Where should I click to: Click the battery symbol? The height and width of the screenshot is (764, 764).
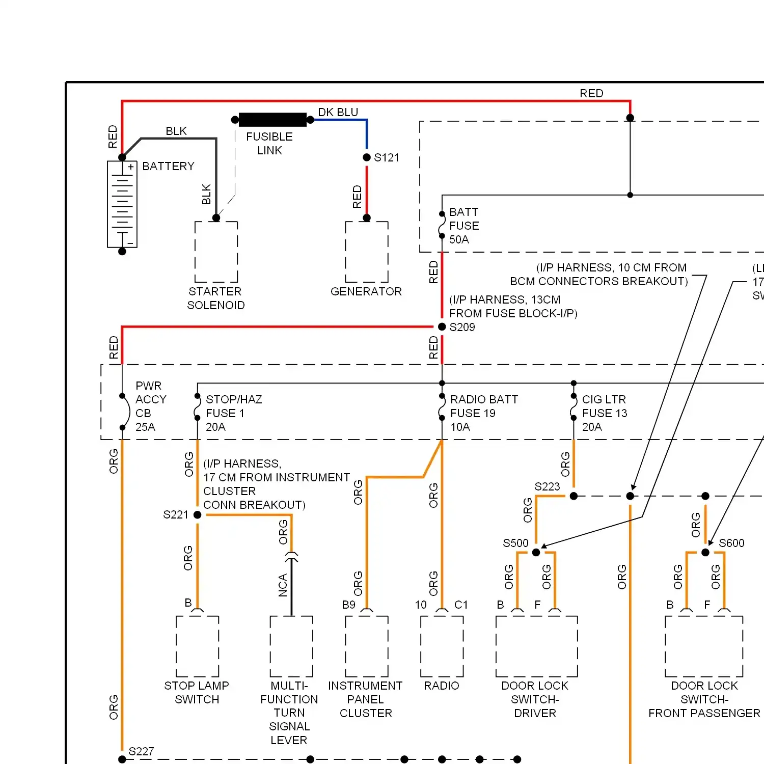pos(122,204)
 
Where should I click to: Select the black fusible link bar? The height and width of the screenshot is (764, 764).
pos(272,120)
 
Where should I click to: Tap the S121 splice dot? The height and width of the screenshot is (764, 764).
pos(367,157)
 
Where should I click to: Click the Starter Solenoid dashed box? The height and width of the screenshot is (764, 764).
pos(216,252)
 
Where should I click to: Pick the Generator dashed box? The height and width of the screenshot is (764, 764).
pos(367,252)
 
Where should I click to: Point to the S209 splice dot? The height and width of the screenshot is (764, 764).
pos(442,326)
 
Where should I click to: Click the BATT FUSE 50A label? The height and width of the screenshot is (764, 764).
pos(464,226)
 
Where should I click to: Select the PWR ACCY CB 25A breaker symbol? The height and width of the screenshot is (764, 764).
pos(123,412)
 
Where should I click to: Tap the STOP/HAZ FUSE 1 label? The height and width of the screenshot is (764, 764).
pos(233,413)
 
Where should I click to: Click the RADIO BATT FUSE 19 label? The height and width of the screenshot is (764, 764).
pos(483,413)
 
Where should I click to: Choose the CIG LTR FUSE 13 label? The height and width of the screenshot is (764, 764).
pos(605,413)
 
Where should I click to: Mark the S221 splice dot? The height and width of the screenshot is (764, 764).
pos(198,515)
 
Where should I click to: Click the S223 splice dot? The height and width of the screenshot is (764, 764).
pos(574,496)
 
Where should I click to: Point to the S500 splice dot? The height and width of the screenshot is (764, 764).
pos(536,552)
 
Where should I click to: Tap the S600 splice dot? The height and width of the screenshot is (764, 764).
pos(705,552)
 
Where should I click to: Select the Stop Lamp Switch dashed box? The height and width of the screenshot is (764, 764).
pos(198,646)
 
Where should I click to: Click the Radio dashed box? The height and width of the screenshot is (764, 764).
pos(442,646)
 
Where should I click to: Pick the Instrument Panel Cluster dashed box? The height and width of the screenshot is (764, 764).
pos(367,646)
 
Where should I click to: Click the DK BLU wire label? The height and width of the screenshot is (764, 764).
pos(338,112)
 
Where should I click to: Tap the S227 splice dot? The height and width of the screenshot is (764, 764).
pos(122,759)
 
